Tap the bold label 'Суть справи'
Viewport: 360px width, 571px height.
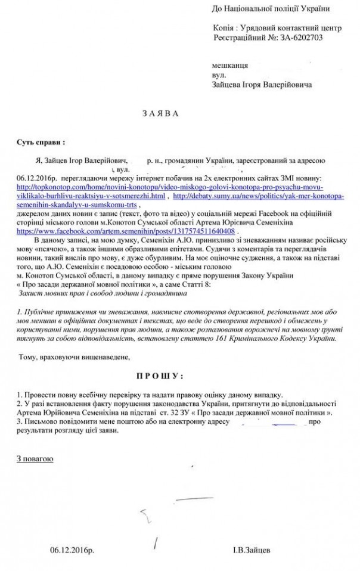coord(41,143)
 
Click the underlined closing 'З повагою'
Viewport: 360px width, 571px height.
coord(35,459)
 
